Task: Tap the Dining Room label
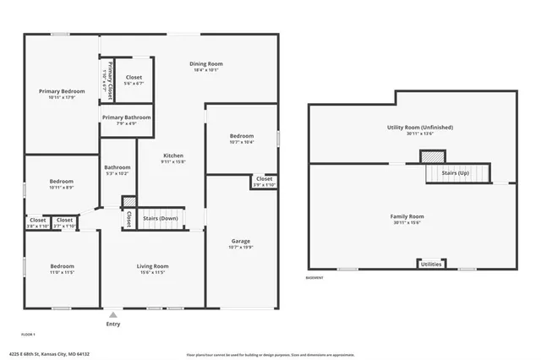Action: (x=205, y=64)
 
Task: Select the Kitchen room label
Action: (x=173, y=156)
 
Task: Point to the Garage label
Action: (x=240, y=241)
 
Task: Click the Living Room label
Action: (x=153, y=266)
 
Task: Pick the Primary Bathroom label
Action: (x=126, y=117)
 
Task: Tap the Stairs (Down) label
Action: (x=159, y=218)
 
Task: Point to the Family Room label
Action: (x=407, y=216)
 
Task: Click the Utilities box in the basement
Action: (x=430, y=265)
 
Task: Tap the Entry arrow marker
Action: (x=112, y=314)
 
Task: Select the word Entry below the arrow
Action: (x=112, y=324)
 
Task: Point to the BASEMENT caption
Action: (x=314, y=278)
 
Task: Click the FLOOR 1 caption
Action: (x=29, y=334)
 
